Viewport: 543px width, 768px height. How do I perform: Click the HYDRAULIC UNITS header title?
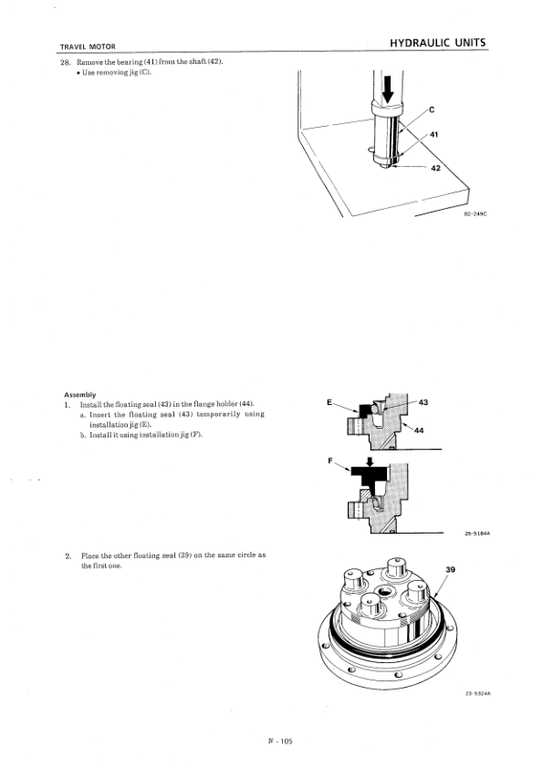coord(437,43)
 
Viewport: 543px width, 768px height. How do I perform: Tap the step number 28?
coord(65,61)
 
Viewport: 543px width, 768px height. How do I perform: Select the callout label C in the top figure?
coord(431,110)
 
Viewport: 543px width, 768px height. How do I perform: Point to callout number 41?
coord(434,135)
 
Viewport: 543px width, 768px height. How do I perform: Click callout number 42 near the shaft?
coord(434,168)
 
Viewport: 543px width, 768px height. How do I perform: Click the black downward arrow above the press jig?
coord(385,88)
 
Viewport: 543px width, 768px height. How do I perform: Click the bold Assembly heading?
coord(78,394)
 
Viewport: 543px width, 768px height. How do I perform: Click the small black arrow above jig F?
coord(369,462)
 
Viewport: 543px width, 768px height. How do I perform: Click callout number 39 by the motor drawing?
coord(449,569)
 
